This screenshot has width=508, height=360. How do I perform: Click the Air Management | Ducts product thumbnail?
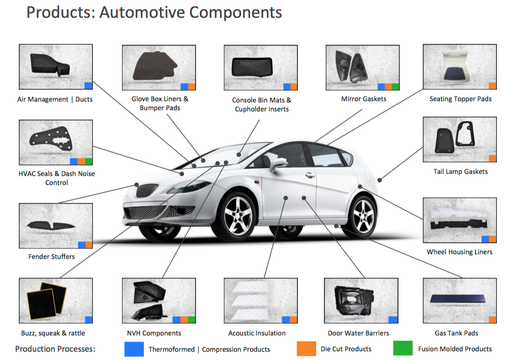(56, 67)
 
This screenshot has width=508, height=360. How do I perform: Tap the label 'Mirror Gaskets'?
(363, 99)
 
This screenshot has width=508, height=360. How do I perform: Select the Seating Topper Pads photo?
(460, 67)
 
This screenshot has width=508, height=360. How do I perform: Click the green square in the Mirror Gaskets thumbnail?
(395, 86)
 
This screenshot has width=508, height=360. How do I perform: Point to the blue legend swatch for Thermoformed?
(134, 349)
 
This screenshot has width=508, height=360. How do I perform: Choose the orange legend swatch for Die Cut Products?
(306, 348)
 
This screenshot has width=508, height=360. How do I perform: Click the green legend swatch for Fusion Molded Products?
(403, 348)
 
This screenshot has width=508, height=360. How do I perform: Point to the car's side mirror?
(278, 163)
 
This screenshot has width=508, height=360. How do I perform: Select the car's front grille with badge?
(147, 190)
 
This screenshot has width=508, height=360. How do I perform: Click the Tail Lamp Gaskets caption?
(460, 171)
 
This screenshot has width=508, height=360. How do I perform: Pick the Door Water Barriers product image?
(361, 301)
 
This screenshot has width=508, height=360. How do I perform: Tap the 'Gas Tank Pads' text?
(456, 333)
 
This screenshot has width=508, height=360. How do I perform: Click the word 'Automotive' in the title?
(142, 12)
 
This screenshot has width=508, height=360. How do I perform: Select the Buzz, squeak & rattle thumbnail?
(56, 301)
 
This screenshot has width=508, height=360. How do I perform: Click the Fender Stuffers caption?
(51, 257)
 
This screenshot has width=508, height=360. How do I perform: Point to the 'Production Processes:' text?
(55, 349)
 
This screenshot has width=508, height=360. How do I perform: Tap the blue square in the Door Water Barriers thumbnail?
(393, 320)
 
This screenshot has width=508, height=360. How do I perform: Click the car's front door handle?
(310, 175)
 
